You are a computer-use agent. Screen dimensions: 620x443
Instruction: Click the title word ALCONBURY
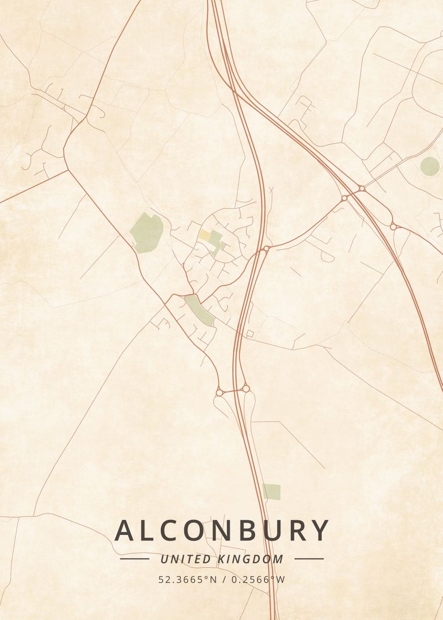[222, 531]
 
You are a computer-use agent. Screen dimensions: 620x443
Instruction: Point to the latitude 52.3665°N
[188, 580]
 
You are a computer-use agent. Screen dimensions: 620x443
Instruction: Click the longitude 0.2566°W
[258, 580]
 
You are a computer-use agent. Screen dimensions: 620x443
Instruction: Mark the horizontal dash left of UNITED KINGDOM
[134, 559]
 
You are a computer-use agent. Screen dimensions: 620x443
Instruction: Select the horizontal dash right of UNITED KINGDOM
[309, 559]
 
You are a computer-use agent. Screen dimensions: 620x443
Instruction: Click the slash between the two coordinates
[223, 580]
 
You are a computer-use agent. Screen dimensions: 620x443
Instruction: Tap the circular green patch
[430, 166]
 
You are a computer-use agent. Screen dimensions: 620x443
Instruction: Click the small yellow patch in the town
[205, 236]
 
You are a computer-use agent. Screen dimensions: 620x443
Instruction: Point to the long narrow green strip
[200, 309]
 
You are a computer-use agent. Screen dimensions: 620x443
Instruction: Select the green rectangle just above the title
[271, 492]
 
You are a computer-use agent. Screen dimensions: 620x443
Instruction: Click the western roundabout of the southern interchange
[219, 393]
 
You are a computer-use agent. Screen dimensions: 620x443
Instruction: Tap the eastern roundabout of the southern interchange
[246, 388]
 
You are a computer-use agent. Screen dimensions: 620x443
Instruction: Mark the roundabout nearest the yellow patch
[266, 249]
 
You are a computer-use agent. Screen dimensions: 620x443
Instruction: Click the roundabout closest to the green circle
[393, 226]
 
